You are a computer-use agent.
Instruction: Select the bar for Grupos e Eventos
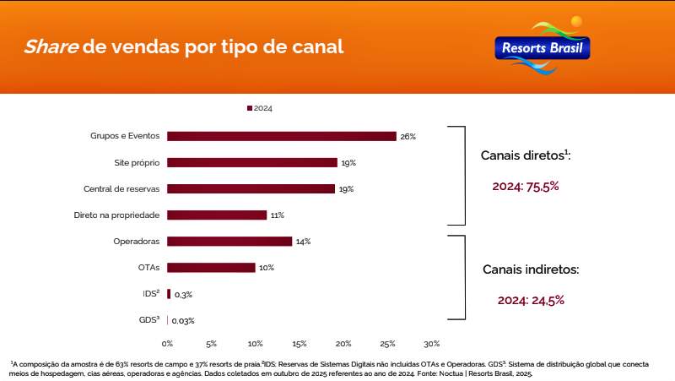click(x=281, y=136)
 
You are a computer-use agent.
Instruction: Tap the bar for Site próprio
click(x=251, y=162)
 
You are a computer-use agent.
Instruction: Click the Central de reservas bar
click(x=251, y=188)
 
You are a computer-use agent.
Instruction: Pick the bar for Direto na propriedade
click(x=217, y=215)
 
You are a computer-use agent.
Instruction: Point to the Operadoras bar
click(x=229, y=241)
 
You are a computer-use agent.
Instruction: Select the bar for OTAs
click(x=211, y=268)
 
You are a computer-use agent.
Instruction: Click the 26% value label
click(x=408, y=136)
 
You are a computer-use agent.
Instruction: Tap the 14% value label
click(x=303, y=242)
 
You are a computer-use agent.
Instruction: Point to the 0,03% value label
click(x=183, y=321)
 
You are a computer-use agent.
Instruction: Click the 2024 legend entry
click(x=260, y=108)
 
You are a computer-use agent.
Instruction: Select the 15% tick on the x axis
click(x=300, y=344)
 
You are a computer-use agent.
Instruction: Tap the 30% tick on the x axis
click(x=431, y=344)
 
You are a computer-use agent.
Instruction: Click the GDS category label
click(x=149, y=320)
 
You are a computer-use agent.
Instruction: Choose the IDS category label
click(x=151, y=294)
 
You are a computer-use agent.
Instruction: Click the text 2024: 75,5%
click(x=526, y=186)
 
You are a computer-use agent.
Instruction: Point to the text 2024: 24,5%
click(x=531, y=299)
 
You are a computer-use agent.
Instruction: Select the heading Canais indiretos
click(x=531, y=269)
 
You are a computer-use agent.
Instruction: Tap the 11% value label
click(x=277, y=215)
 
